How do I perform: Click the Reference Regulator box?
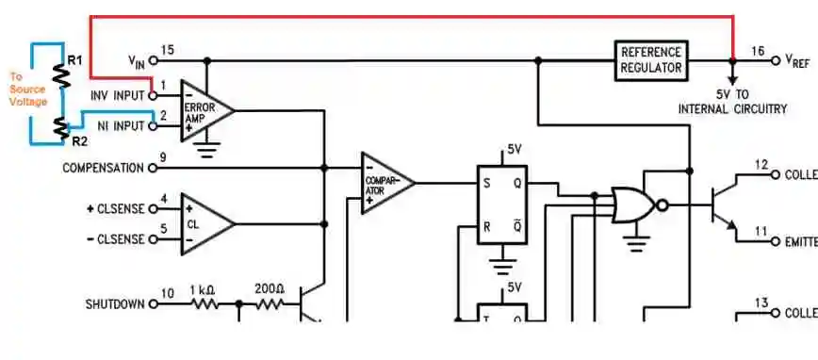(651, 59)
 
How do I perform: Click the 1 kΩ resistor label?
(203, 289)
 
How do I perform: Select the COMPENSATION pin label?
(103, 168)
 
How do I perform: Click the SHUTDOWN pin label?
(115, 304)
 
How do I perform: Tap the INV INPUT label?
(118, 95)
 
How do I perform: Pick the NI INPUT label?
(121, 125)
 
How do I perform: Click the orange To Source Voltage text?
(26, 90)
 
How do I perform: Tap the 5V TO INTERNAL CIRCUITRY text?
(732, 102)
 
